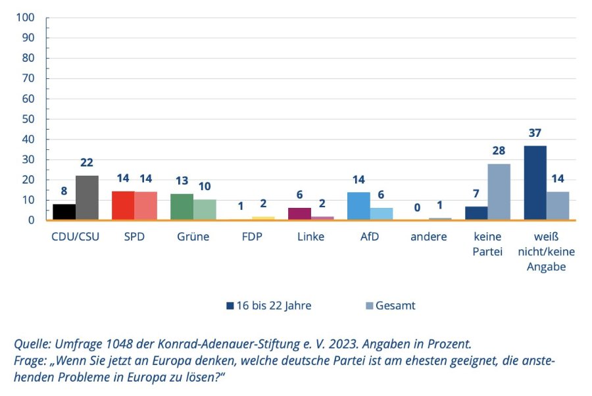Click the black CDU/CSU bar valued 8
[64, 212]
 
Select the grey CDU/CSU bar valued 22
[87, 197]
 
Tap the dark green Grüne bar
[182, 207]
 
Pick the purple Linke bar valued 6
[299, 214]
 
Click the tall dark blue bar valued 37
[535, 183]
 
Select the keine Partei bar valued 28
[499, 192]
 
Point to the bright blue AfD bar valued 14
[358, 206]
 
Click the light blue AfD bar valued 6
[382, 214]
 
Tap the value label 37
[535, 133]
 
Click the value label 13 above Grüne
[182, 181]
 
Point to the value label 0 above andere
[417, 208]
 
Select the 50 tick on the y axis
[28, 119]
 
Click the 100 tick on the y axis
[25, 17]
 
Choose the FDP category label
[252, 237]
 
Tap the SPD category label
[134, 237]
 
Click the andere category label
[428, 237]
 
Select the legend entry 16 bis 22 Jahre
[269, 305]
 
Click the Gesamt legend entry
[391, 305]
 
